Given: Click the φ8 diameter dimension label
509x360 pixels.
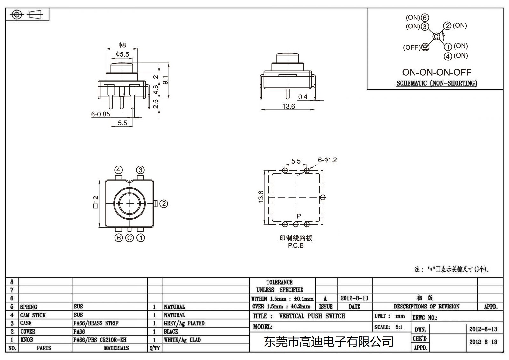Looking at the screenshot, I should click(122, 45).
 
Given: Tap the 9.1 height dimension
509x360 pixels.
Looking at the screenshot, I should click(165, 80).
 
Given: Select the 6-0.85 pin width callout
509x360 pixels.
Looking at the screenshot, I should click(101, 114).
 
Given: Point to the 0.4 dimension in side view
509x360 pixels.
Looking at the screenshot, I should click(303, 97).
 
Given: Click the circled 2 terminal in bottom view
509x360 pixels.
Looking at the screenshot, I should click(164, 204).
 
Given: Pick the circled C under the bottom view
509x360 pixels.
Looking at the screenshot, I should click(129, 238).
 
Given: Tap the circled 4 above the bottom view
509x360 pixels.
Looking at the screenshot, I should click(118, 170).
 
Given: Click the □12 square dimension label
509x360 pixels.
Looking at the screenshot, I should click(95, 202).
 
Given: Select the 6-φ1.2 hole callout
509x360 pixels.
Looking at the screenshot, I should click(327, 160).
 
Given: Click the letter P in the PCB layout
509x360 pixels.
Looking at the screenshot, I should click(299, 216).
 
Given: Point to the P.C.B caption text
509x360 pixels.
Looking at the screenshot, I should click(296, 246).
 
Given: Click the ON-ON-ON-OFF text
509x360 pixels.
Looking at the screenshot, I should click(437, 72).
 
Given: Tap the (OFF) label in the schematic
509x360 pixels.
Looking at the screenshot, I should click(412, 47).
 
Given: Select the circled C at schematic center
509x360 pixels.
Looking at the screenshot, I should click(436, 37).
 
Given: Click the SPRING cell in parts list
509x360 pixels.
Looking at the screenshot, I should click(29, 307).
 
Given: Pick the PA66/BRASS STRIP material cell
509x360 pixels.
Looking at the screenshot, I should click(96, 323).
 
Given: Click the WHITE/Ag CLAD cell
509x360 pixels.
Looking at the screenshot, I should click(182, 340).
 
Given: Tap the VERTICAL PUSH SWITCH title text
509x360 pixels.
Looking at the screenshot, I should click(312, 316).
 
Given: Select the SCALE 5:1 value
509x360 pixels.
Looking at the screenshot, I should click(399, 327).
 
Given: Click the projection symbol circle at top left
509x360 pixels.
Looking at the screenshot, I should click(17, 15).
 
